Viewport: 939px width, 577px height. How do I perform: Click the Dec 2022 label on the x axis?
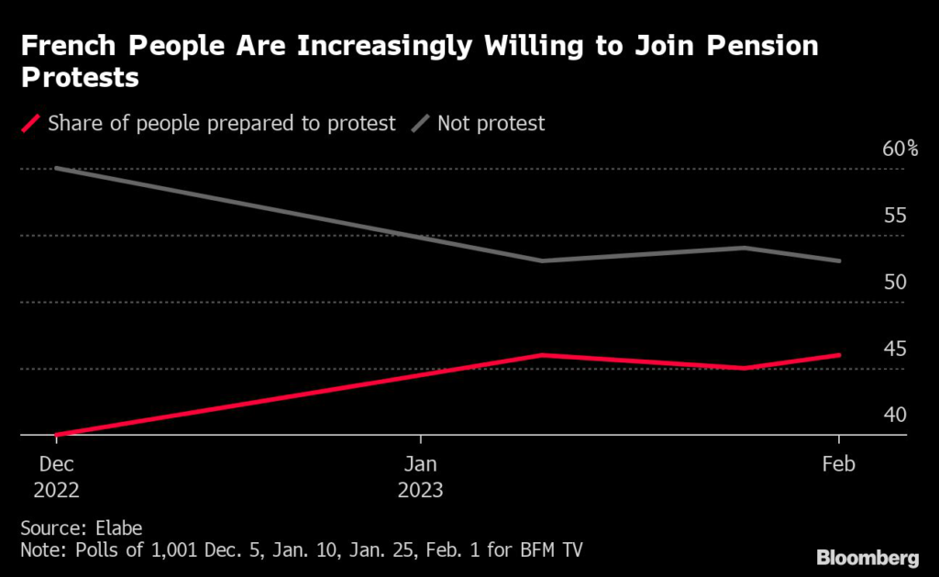[x=56, y=477]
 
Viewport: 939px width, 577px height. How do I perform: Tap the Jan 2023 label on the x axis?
[x=420, y=477]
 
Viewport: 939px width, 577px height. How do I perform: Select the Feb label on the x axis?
[x=839, y=465]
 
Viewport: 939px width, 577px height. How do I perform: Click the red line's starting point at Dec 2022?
[x=56, y=435]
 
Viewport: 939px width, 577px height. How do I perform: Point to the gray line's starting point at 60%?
[x=56, y=168]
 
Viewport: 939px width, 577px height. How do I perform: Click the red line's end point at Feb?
[x=839, y=355]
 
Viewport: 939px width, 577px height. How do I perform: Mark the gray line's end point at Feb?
[x=839, y=261]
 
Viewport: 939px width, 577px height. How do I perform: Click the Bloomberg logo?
[x=867, y=557]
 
